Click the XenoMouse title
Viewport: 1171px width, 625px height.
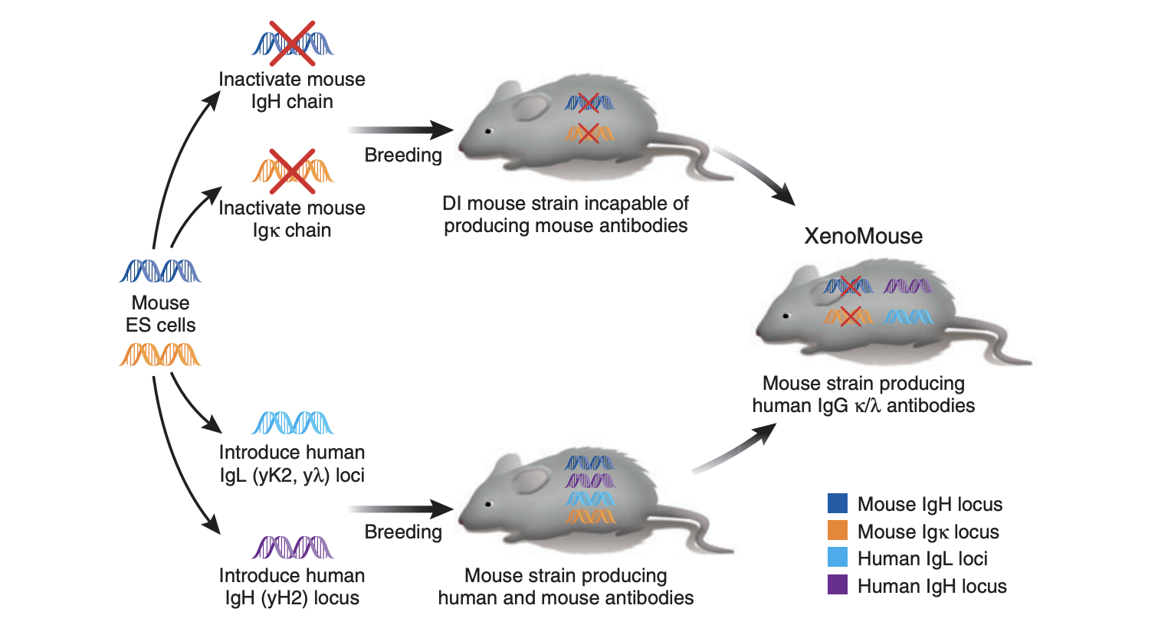[x=863, y=236]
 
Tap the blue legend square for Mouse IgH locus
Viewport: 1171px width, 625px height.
[x=838, y=503]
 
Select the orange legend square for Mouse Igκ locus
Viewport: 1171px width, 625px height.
[x=838, y=531]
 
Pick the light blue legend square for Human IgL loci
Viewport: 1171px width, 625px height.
[x=838, y=558]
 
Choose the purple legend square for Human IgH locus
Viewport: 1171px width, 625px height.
[x=838, y=585]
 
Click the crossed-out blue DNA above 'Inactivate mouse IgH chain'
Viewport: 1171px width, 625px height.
[x=292, y=43]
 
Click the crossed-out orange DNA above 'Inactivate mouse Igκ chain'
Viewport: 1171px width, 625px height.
[x=292, y=171]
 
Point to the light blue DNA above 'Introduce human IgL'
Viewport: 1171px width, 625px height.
[x=292, y=423]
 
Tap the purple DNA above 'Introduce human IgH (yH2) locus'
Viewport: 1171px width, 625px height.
[x=292, y=547]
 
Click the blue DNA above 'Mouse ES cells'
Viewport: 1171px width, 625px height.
[x=160, y=271]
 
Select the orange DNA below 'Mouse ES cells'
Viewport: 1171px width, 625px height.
[x=160, y=355]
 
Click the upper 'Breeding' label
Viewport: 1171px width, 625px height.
[x=403, y=155]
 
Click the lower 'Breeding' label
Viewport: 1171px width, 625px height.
[x=403, y=532]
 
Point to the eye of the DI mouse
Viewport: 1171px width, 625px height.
[x=487, y=131]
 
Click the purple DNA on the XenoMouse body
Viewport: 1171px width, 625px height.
[x=907, y=287]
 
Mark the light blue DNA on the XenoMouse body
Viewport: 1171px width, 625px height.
[x=907, y=316]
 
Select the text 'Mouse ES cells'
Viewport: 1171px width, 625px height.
[x=160, y=314]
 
